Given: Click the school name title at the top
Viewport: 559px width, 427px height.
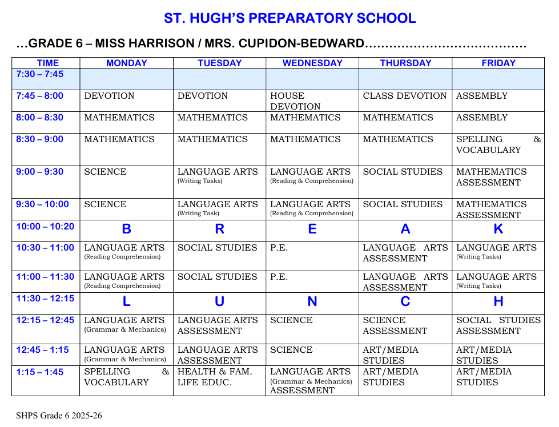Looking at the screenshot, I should pos(290,18).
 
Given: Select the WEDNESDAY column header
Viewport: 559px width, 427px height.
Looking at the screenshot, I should pos(312,63).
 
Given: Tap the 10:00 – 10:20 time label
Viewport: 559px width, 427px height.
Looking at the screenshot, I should pos(45,227).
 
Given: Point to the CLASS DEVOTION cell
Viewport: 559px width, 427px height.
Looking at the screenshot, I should pos(405,96).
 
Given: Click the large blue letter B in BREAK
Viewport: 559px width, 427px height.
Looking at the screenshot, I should pos(126,229).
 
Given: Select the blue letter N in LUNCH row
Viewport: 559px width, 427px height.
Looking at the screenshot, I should pos(312,302).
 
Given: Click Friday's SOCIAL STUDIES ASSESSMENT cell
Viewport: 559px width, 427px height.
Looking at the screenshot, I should pos(498,325).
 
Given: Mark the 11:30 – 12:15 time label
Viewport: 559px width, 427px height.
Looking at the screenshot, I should pos(45,299).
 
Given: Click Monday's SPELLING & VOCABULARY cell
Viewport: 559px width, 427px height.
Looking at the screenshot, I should pos(126,377).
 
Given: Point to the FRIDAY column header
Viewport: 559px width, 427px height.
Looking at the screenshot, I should pos(498,63).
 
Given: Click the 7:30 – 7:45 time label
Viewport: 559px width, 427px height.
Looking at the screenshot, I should pos(40,74).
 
